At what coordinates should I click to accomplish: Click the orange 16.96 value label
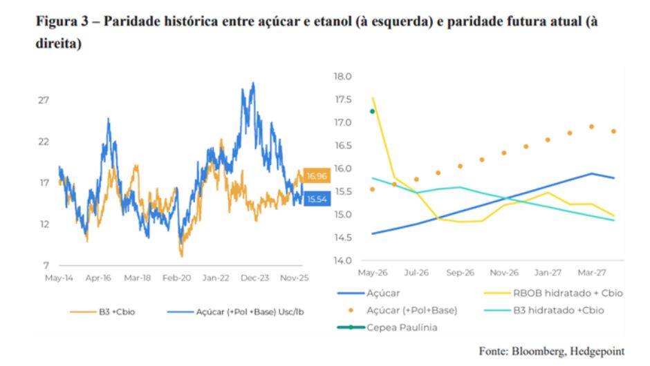[317, 175]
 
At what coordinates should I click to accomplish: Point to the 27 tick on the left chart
[44, 100]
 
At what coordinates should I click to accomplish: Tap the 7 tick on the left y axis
[46, 265]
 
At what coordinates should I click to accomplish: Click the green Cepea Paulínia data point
[373, 111]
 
